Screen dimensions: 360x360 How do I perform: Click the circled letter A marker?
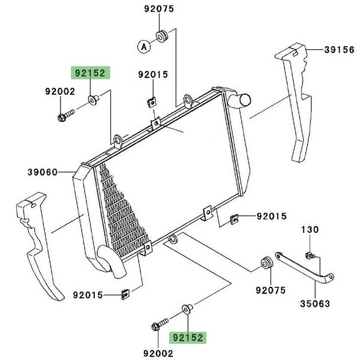tap(144, 47)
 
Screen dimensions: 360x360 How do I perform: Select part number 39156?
tap(340, 50)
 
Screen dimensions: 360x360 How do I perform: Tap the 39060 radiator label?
tap(43, 172)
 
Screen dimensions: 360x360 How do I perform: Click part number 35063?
tap(315, 304)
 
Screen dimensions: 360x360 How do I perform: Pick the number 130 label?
tap(310, 229)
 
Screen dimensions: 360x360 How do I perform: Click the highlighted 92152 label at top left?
tap(90, 73)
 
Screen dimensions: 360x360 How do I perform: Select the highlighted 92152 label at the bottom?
tap(188, 337)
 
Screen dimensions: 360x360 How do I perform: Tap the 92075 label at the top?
tap(159, 9)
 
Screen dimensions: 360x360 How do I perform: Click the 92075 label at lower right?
tap(271, 290)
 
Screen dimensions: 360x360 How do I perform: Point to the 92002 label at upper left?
tap(60, 91)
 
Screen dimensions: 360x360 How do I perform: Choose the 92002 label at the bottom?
tap(158, 353)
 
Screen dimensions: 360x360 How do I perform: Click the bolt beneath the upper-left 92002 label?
tap(66, 115)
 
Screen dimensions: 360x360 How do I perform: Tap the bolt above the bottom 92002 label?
tap(160, 324)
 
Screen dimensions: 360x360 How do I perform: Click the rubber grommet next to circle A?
tap(163, 36)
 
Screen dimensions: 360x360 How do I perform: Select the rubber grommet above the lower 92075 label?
tap(267, 263)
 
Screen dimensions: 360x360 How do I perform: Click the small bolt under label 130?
tap(310, 255)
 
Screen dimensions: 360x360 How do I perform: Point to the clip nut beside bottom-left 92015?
tap(125, 295)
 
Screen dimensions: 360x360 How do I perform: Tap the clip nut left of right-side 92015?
tap(234, 219)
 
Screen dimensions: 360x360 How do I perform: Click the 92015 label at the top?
tap(153, 74)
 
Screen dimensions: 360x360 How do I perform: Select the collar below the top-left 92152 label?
tap(94, 100)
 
